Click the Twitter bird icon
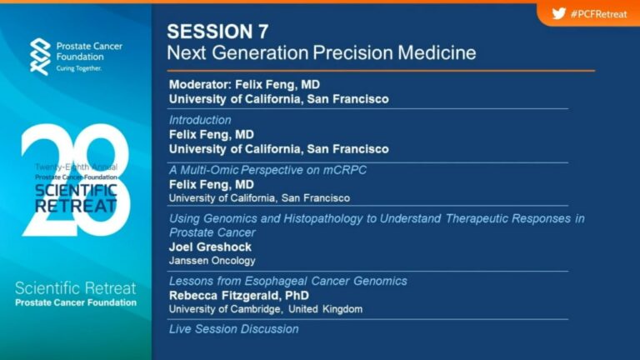point(559,14)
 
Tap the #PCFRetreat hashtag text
point(599,14)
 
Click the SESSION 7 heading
point(217,32)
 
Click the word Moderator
point(200,84)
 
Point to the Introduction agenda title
point(200,120)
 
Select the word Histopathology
point(322,219)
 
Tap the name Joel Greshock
point(210,247)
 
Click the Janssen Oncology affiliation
point(212,260)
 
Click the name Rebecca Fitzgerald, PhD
point(239,296)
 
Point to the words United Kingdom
point(325,309)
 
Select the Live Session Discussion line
point(234,329)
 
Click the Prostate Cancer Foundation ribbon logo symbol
point(40,57)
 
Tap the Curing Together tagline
point(79,68)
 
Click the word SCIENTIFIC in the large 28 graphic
point(76,190)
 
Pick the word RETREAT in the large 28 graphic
point(76,206)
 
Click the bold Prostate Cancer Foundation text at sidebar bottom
point(76,302)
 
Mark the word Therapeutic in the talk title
point(476,219)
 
